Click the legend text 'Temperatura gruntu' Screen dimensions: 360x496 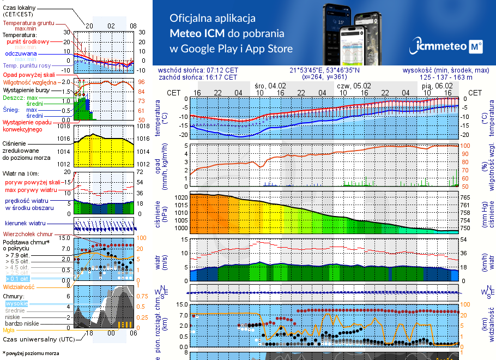click(28, 23)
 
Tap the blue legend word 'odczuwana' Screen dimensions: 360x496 click(21, 54)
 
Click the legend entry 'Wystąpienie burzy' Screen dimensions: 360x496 click(28, 89)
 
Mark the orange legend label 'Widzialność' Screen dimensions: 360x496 click(19, 286)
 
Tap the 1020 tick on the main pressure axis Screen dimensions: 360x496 click(180, 197)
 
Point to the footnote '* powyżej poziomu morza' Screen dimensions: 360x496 click(31, 353)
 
